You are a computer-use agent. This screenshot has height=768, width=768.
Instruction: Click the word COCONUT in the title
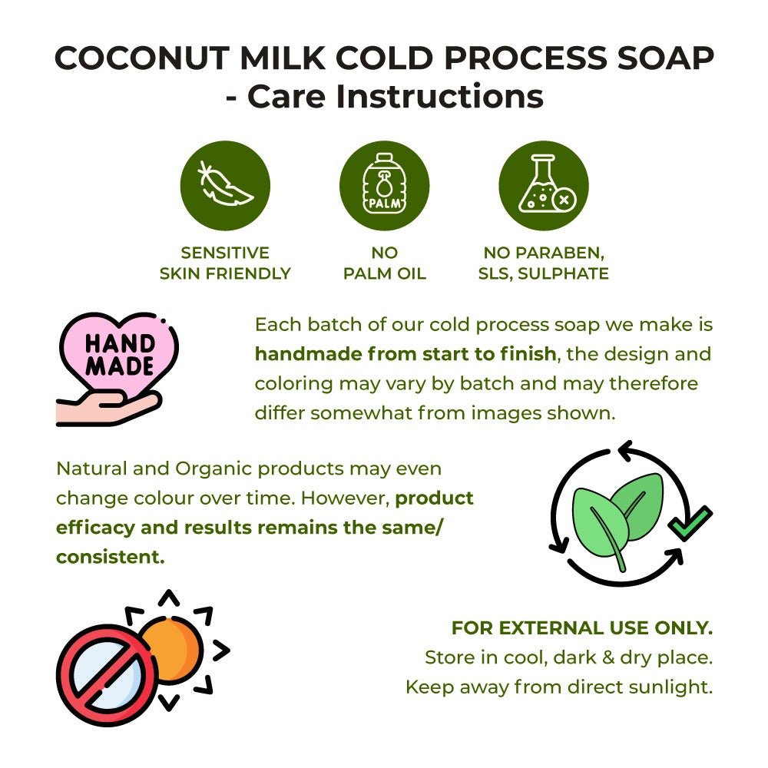141,58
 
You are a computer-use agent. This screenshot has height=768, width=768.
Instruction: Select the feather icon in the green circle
225,184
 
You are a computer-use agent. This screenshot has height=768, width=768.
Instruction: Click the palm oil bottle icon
385,184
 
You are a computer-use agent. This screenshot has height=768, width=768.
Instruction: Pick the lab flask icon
547,184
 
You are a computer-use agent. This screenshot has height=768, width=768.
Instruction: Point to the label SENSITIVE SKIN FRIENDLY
225,263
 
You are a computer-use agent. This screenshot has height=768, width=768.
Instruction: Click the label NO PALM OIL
385,263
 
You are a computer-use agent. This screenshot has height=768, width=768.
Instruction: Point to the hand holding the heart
108,408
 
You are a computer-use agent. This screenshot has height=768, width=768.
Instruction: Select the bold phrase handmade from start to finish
406,353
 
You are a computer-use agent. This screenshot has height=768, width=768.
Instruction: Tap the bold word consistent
110,557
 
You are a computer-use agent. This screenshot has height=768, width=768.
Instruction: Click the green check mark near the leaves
690,523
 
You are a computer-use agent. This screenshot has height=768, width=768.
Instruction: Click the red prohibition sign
108,675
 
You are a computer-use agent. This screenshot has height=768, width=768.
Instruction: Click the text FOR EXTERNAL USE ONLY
582,628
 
